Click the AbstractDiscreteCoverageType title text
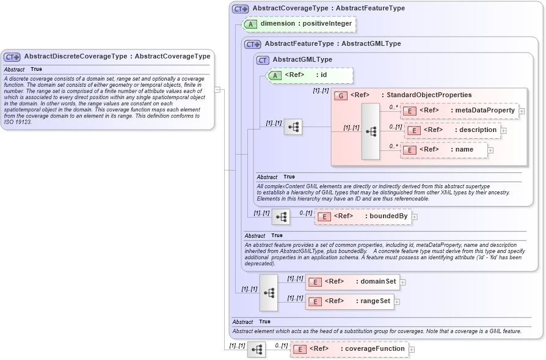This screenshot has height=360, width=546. click(117, 56)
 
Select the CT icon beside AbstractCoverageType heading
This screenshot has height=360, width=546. click(240, 9)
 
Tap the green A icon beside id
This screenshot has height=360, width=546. click(275, 75)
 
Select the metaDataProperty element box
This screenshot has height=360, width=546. click(459, 111)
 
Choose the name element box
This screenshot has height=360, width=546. click(444, 150)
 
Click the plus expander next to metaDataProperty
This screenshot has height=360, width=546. click(522, 111)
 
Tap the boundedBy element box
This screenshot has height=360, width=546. click(362, 216)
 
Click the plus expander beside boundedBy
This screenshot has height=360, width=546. click(415, 216)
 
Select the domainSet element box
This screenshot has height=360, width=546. click(352, 282)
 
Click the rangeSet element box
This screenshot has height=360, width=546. click(349, 301)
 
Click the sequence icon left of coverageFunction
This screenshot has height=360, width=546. click(257, 350)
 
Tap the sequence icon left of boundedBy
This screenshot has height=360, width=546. click(281, 217)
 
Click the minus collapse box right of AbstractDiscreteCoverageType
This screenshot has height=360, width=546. click(217, 89)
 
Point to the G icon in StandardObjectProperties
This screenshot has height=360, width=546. click(341, 95)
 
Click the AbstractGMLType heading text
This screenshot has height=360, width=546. click(302, 59)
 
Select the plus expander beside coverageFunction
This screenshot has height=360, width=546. click(412, 350)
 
